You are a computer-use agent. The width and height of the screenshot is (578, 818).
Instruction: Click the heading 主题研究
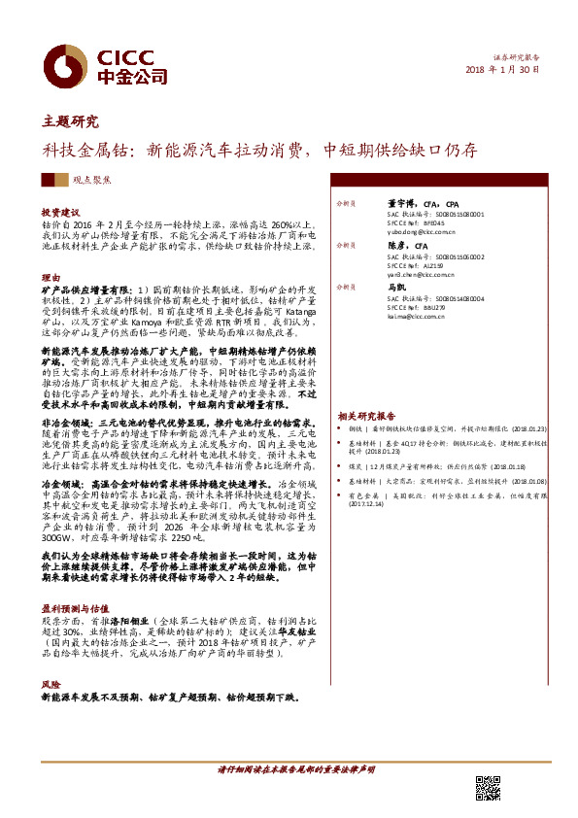point(71,121)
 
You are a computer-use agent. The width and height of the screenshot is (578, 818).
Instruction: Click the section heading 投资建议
point(59,211)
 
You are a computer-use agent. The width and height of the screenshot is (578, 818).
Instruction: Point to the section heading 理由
point(51,278)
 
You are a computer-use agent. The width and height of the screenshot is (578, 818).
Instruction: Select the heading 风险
point(51,685)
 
